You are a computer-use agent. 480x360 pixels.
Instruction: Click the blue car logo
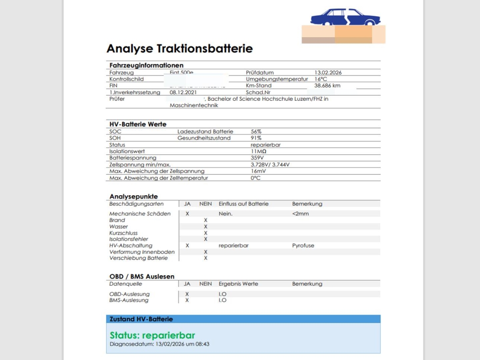[x=345, y=17]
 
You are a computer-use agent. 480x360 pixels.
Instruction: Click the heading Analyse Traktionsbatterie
[x=180, y=49]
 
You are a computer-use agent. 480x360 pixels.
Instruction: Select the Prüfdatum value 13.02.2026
[x=328, y=73]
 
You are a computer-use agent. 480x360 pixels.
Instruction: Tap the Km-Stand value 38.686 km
[x=327, y=86]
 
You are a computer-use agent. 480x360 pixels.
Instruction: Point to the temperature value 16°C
[x=320, y=79]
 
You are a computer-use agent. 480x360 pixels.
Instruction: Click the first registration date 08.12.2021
[x=183, y=92]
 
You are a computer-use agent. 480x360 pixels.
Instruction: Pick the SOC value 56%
[x=256, y=132]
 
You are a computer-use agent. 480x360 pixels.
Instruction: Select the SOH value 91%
[x=256, y=138]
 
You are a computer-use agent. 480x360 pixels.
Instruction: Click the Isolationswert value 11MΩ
[x=258, y=152]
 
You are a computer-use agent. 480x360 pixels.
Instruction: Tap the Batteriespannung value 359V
[x=257, y=158]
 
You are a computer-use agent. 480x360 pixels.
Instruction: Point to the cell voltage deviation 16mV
[x=258, y=171]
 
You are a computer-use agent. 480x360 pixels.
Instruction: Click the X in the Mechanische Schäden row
[x=187, y=214]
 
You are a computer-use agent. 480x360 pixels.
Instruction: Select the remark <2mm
[x=300, y=214]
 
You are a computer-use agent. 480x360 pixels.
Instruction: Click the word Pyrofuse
[x=303, y=246]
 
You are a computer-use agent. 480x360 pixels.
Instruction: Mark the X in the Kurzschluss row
[x=206, y=233]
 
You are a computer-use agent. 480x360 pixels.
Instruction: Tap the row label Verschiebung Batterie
[x=138, y=258]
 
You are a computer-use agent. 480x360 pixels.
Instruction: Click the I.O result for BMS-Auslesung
[x=222, y=300]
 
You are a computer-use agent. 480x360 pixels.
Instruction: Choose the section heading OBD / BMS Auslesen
[x=142, y=276]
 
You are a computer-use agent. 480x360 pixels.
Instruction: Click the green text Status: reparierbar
[x=152, y=335]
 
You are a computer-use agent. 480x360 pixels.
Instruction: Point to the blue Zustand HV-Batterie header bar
[x=243, y=319]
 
